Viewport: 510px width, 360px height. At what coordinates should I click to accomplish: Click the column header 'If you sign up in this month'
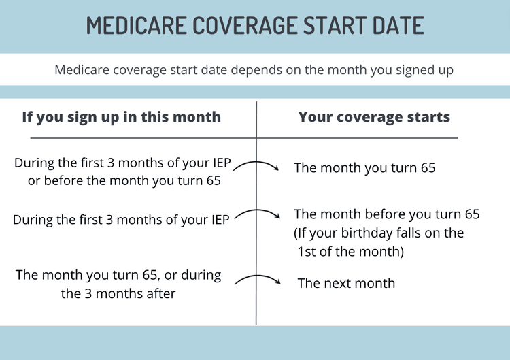[x=121, y=117]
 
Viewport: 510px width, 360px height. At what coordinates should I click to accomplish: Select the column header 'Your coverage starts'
[x=374, y=117]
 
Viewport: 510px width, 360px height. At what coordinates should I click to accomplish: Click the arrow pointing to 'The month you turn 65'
[x=258, y=167]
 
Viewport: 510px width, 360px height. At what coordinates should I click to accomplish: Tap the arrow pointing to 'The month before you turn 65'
[x=258, y=214]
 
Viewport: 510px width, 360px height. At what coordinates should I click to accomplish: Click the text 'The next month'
[x=346, y=283]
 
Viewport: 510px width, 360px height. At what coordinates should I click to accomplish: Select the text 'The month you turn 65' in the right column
[x=364, y=167]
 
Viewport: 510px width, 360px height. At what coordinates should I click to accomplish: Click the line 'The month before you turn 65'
[x=386, y=214]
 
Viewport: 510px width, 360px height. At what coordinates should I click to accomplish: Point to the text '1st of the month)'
[x=351, y=251]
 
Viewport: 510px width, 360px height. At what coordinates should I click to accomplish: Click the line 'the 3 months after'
[x=118, y=294]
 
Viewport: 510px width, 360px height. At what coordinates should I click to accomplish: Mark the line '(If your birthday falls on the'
[x=379, y=233]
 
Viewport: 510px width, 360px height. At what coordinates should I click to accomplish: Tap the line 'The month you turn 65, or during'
[x=118, y=276]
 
